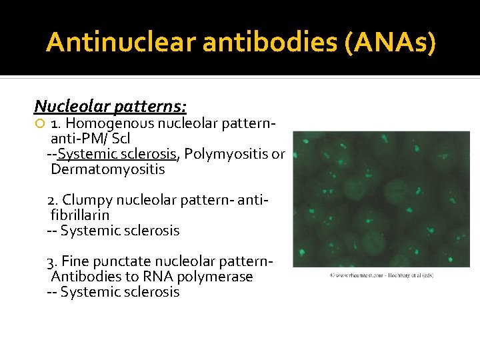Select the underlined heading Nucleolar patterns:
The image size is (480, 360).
coord(110,106)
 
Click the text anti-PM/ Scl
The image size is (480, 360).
coord(90,139)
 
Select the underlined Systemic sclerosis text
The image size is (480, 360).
coord(117,154)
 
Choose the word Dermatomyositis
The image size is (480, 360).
coord(107,169)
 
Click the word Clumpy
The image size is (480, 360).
coord(85,200)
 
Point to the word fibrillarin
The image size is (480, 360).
coord(80,215)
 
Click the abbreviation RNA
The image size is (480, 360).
coord(149,277)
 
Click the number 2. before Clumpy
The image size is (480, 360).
coord(53,200)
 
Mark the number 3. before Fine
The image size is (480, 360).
coord(53,261)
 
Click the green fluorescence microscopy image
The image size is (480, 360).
coord(381,199)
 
